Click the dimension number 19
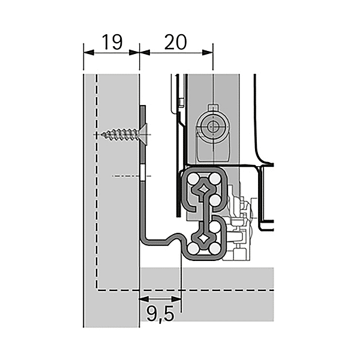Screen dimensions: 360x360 [112, 41]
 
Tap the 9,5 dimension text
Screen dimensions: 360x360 [159, 312]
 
